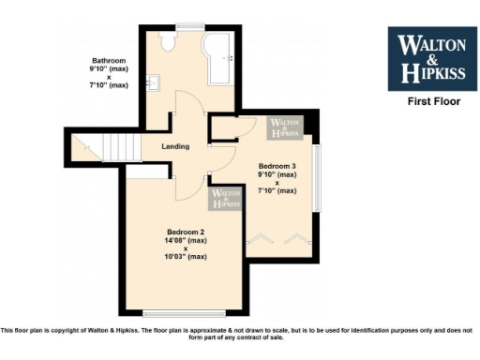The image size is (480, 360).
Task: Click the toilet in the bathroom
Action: click(x=168, y=42)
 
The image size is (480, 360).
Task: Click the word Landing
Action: click(x=175, y=146)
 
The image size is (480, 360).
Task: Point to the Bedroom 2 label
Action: click(x=186, y=232)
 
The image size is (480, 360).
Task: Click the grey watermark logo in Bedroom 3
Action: click(x=285, y=128)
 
